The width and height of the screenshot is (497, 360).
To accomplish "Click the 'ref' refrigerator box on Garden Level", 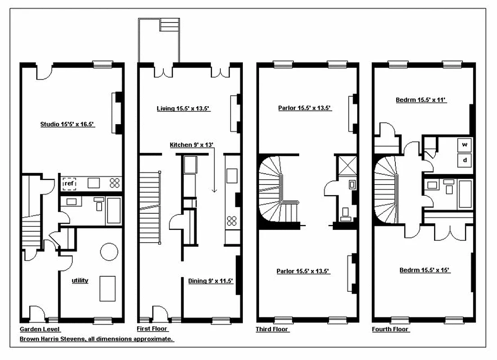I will pyautogui.click(x=69, y=183).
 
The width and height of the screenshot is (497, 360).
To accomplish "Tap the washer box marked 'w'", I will pyautogui.click(x=464, y=145).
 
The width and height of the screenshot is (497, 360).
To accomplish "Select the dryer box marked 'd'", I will pyautogui.click(x=464, y=160).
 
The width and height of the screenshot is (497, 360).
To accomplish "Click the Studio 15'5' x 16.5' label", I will pyautogui.click(x=67, y=124).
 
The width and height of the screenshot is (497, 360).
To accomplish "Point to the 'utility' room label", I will pyautogui.click(x=80, y=280).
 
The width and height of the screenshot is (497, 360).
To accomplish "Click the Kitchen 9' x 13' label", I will pyautogui.click(x=191, y=145).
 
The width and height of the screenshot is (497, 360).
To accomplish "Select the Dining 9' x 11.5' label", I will pyautogui.click(x=210, y=281).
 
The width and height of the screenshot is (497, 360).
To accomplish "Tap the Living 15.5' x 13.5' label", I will pyautogui.click(x=184, y=108).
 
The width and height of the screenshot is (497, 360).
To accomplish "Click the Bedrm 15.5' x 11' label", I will pyautogui.click(x=421, y=100).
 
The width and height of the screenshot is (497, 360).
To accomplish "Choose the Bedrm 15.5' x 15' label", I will pyautogui.click(x=425, y=270).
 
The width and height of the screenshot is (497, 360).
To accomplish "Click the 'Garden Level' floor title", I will pyautogui.click(x=40, y=329).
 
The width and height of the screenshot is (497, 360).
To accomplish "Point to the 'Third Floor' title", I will pyautogui.click(x=272, y=329).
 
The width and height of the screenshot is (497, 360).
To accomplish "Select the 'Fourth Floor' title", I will pyautogui.click(x=390, y=329).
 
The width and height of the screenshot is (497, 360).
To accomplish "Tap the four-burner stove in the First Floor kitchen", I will pyautogui.click(x=232, y=220).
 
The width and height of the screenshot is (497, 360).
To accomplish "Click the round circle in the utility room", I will pyautogui.click(x=109, y=252).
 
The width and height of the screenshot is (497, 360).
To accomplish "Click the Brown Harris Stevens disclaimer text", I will pyautogui.click(x=97, y=339).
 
